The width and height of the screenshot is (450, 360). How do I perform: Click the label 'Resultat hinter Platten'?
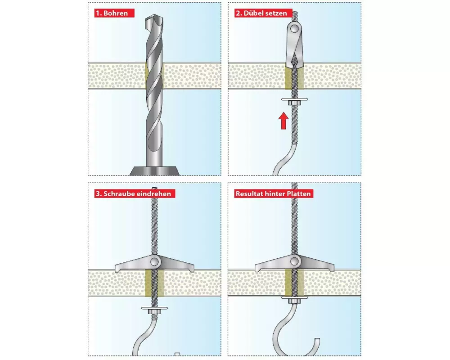tap(273, 194)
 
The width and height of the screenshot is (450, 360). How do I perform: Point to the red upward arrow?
tap(283, 121)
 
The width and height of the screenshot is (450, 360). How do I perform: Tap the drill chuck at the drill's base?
tap(154, 171)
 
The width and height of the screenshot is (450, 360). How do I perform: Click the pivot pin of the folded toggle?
tap(294, 28)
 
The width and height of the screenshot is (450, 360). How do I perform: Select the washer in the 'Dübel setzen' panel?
tap(294, 99)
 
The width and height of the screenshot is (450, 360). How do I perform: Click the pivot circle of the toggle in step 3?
tap(154, 261)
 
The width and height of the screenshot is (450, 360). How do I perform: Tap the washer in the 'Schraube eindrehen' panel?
tap(154, 308)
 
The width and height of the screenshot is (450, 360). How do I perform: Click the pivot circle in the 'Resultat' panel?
tap(294, 261)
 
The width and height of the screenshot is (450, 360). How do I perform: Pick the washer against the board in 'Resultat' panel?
tap(294, 298)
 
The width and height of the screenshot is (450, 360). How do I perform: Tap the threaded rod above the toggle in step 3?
tap(154, 221)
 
